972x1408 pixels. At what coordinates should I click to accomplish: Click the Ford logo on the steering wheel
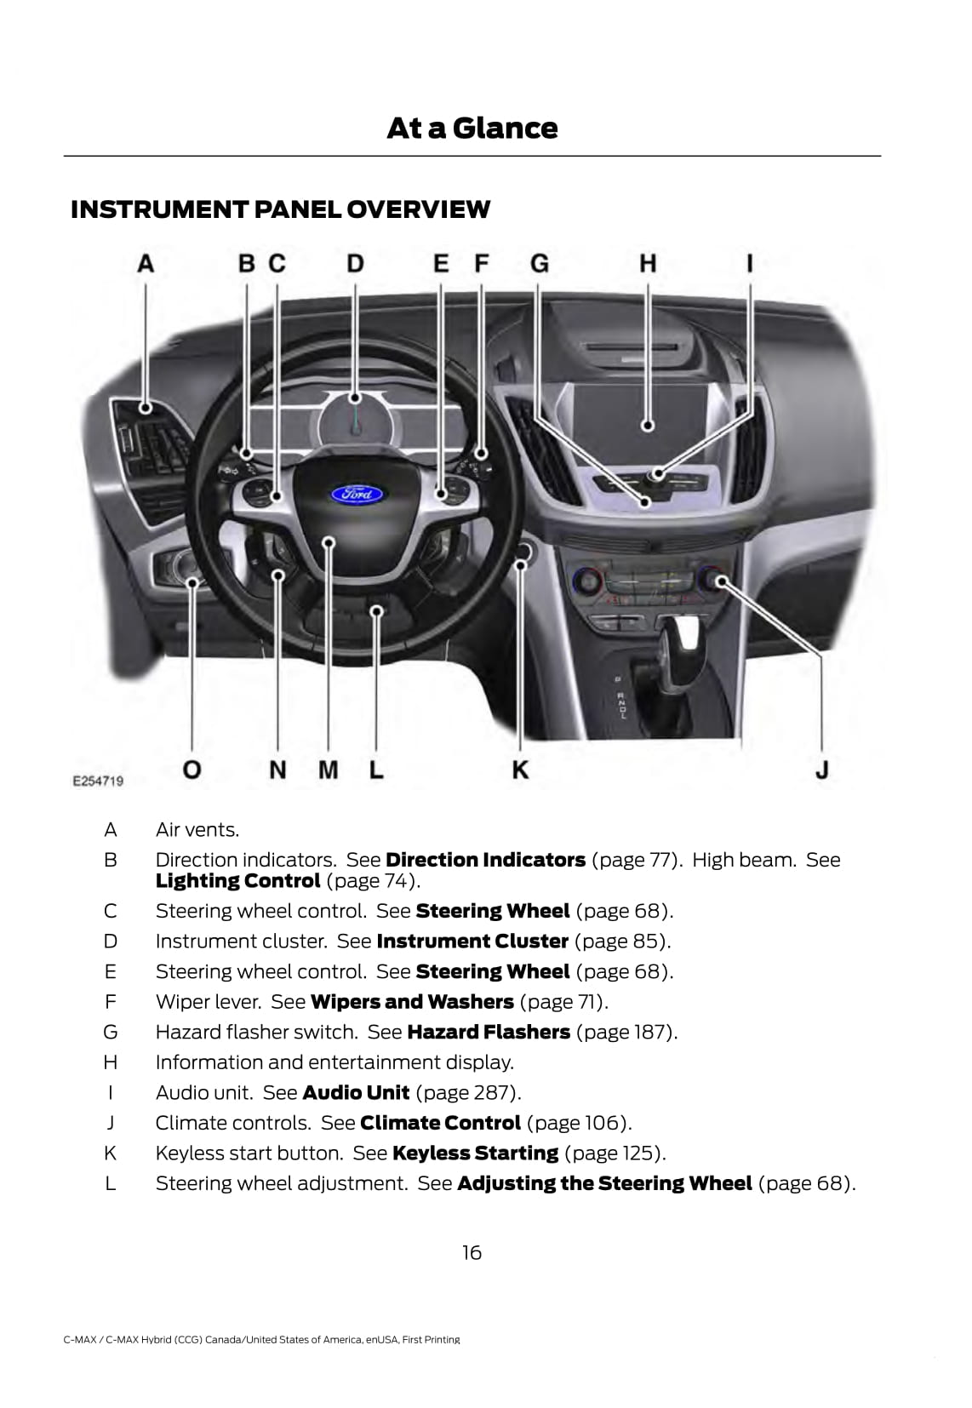(357, 493)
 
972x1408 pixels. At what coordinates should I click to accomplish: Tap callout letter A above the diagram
(146, 264)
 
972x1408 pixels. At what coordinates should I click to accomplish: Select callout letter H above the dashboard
(648, 264)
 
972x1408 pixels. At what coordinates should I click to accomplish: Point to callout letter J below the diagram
(821, 770)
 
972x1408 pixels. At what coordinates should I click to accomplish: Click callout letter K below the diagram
(520, 770)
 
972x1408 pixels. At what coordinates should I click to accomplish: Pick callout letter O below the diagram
(192, 770)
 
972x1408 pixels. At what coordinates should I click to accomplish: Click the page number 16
(472, 1252)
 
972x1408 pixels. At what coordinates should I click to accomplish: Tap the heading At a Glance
(472, 129)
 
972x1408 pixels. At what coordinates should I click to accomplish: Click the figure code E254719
(97, 781)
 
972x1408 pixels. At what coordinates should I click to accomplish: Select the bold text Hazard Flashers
(489, 1032)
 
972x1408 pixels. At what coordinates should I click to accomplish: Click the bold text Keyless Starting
(475, 1153)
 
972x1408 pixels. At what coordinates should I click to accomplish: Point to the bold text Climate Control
(440, 1123)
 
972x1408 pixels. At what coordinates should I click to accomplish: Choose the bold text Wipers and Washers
(412, 1002)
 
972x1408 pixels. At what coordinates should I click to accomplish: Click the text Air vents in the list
(197, 830)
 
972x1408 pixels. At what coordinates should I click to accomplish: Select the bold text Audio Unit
(356, 1092)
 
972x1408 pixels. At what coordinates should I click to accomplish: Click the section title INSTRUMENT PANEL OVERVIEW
(280, 209)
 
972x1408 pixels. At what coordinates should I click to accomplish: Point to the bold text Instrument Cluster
(472, 942)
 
